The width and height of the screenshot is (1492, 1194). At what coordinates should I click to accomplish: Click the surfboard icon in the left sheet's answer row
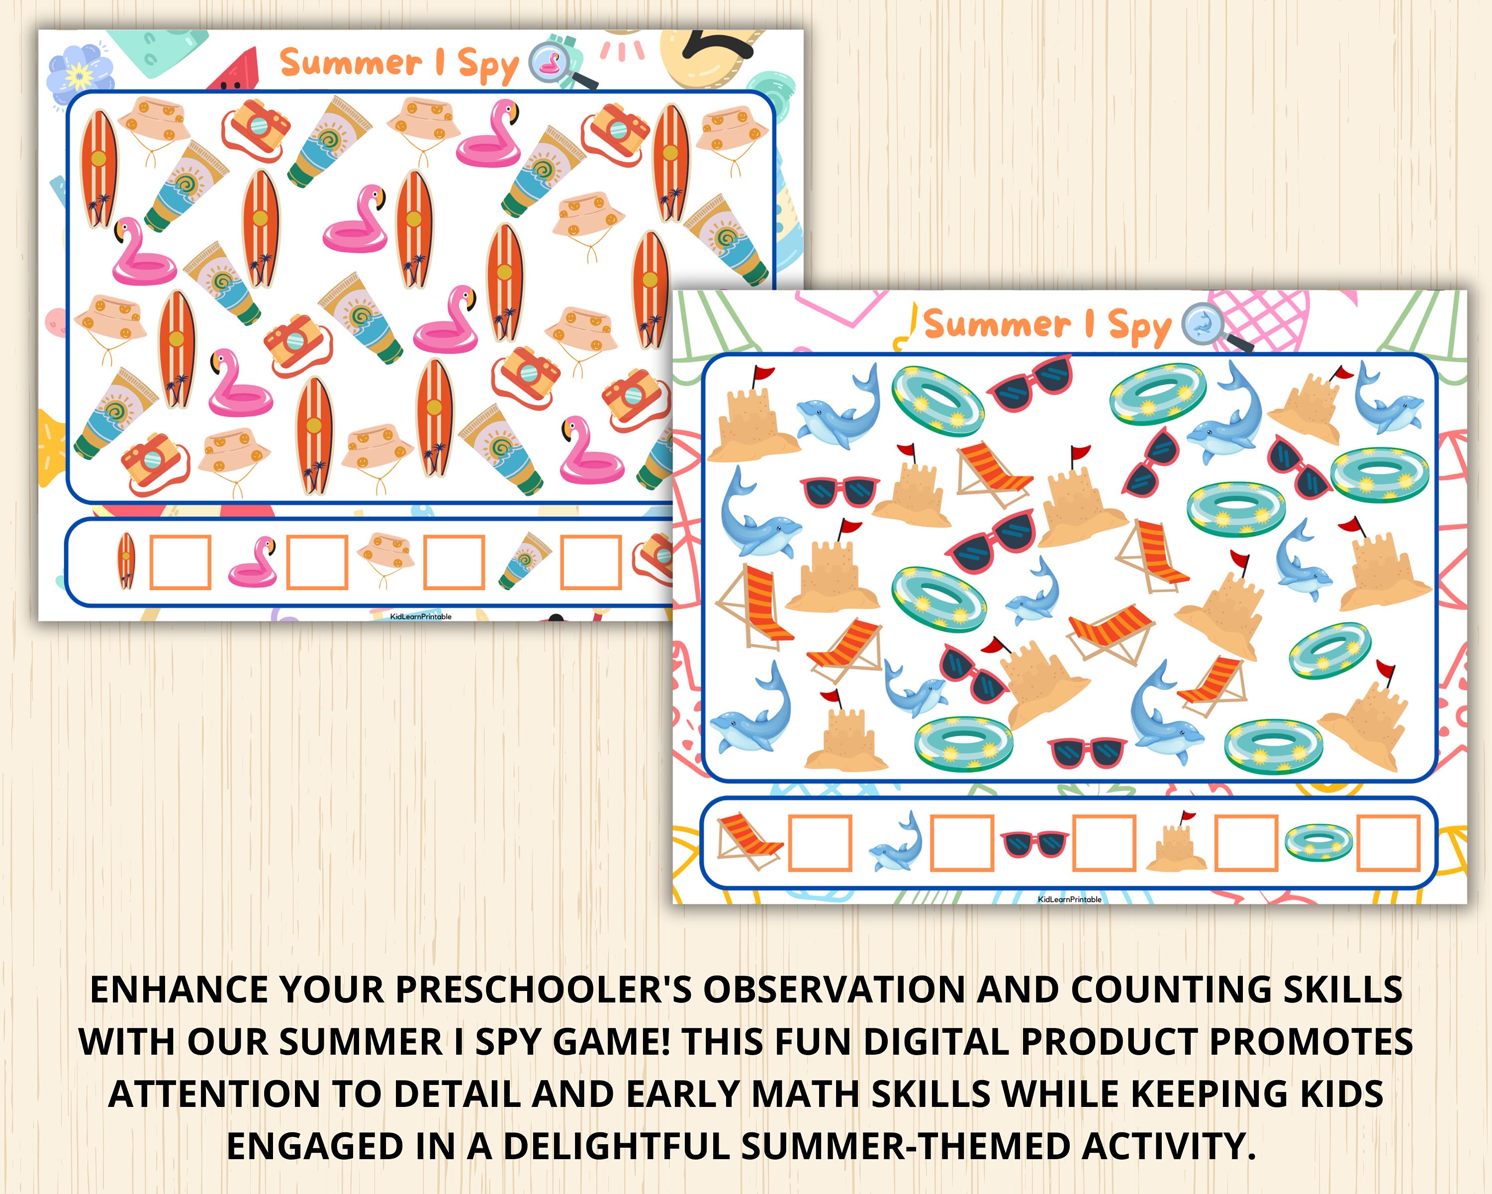(x=125, y=561)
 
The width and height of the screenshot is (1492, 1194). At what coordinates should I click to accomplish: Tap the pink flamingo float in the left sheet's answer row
(x=253, y=563)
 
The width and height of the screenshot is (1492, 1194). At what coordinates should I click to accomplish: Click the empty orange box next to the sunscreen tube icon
(x=590, y=562)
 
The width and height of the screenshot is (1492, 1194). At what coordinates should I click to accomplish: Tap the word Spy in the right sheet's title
(x=1138, y=326)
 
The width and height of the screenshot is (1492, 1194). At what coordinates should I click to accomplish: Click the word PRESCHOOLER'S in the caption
(x=543, y=990)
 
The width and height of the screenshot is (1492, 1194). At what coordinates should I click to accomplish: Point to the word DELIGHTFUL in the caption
(x=616, y=1146)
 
